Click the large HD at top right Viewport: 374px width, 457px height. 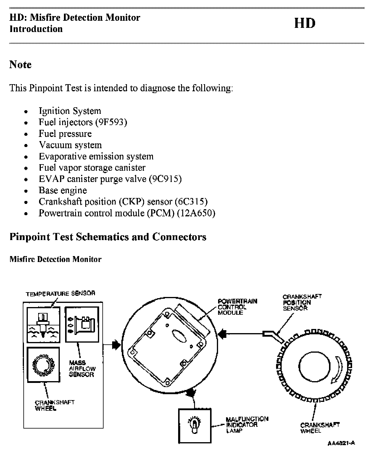[x=305, y=23]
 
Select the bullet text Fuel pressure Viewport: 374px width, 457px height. [x=65, y=134]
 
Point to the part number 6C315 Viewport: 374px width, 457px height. [x=191, y=202]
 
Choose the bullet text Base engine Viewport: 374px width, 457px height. [x=63, y=190]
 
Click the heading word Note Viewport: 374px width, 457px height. [x=20, y=64]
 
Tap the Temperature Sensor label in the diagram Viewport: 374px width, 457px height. [x=60, y=294]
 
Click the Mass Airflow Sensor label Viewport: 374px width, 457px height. [x=82, y=369]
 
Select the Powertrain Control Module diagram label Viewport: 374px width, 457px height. [x=237, y=307]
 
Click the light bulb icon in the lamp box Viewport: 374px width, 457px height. [x=194, y=425]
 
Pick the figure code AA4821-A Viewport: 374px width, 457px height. [x=341, y=443]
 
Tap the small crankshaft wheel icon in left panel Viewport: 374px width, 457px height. [x=43, y=365]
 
